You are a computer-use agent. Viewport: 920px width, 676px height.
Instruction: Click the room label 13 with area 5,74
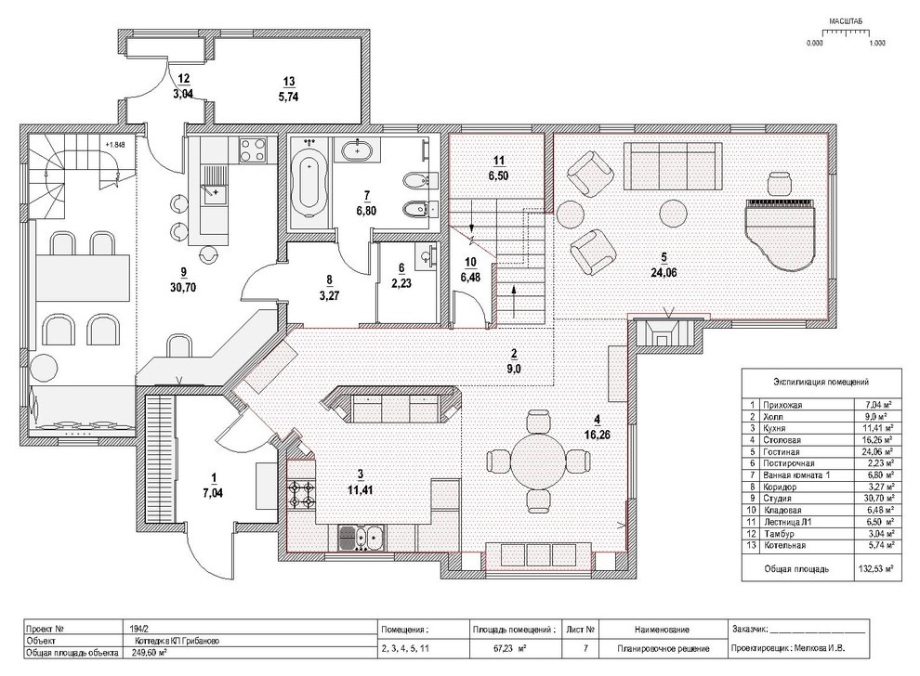(289, 90)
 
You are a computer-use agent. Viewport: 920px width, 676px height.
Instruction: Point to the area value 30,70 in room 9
(183, 287)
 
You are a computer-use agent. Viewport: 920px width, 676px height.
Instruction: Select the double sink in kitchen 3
(361, 538)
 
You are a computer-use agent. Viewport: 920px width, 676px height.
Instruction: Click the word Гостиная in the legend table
(781, 451)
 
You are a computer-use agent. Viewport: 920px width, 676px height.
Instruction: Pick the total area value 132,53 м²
(876, 568)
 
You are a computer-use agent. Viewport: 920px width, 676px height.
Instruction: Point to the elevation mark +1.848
(115, 144)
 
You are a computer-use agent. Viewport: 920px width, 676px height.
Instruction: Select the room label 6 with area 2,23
(401, 276)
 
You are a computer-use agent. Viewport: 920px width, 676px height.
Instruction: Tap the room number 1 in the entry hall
(213, 476)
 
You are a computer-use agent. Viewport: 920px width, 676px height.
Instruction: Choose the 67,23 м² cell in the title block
(508, 649)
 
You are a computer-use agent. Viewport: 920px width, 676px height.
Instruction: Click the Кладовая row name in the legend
(782, 510)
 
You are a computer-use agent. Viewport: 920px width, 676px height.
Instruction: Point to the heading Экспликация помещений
(821, 382)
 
